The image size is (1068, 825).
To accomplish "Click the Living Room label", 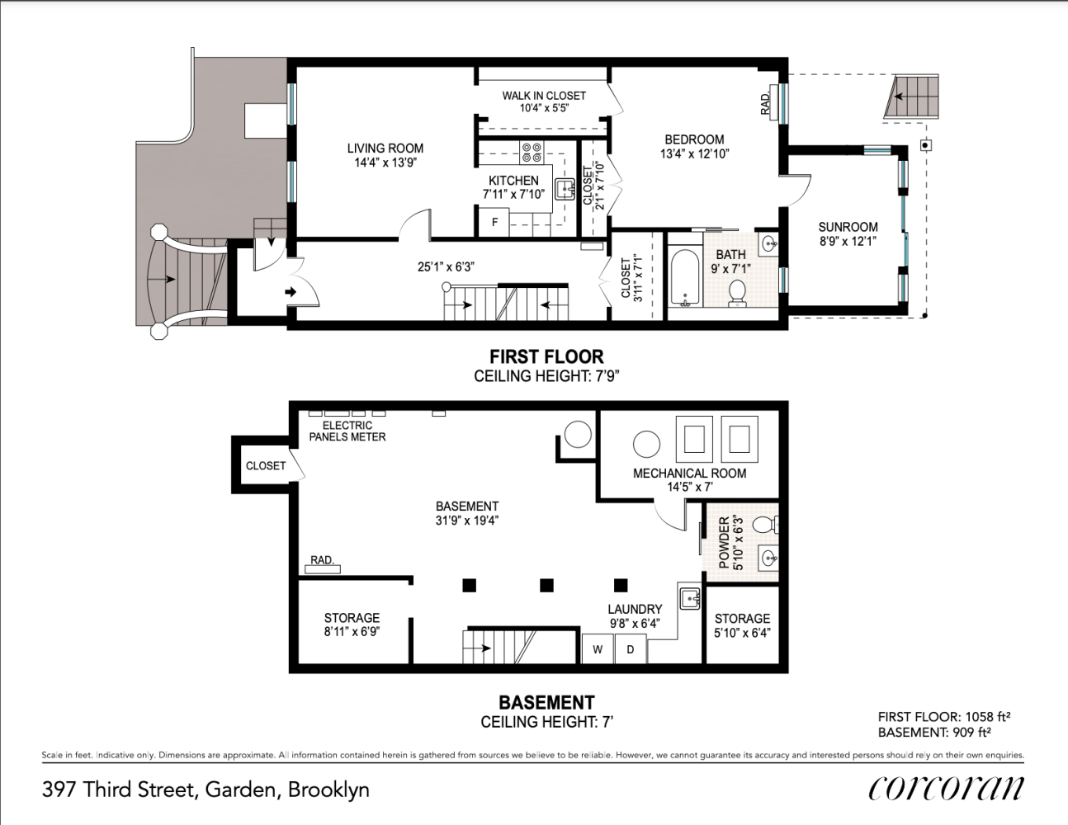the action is [385, 148].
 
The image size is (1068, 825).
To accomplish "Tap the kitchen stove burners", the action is [532, 153].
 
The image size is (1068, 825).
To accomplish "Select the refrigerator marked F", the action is [494, 223].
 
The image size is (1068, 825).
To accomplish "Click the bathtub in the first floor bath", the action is [685, 278].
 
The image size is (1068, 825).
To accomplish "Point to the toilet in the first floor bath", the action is [737, 294].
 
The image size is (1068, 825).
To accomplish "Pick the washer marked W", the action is [598, 648].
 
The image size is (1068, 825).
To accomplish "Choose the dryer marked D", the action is [630, 648].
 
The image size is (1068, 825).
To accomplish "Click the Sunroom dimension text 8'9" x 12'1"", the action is [848, 242].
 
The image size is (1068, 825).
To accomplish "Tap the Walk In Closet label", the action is [544, 96].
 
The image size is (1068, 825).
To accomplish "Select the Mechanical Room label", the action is [689, 474].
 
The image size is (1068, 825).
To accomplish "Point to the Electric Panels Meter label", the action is [347, 431].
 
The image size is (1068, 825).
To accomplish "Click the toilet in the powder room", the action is [765, 525].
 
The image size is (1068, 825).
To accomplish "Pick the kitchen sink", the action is [565, 189].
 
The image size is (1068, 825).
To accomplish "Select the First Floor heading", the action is [546, 356].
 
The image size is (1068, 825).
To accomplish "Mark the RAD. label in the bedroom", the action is [765, 104].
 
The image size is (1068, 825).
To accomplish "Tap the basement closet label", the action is [266, 465].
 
